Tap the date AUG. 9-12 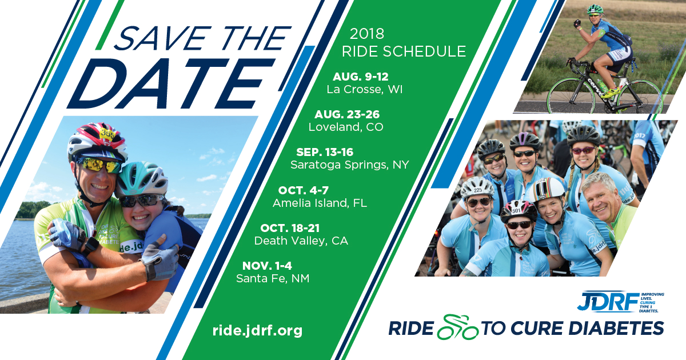tap(361, 77)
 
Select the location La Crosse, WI tap(365, 89)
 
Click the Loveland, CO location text tap(346, 127)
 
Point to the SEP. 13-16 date tap(325, 152)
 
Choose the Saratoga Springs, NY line tap(349, 165)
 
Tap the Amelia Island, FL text tap(320, 203)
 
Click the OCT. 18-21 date tap(290, 228)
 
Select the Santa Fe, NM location tap(273, 279)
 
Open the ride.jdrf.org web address tap(257, 331)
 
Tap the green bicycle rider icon tap(457, 327)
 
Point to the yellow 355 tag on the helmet tap(107, 134)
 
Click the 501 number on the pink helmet tap(516, 211)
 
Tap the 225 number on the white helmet tap(478, 190)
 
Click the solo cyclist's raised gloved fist tap(577, 23)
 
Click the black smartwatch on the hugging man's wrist tap(91, 246)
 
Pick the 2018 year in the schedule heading tap(367, 34)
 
